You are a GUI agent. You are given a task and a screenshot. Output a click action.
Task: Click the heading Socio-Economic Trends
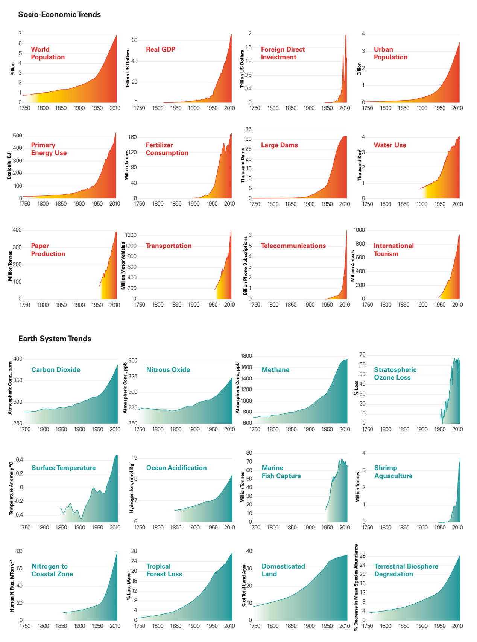[59, 15]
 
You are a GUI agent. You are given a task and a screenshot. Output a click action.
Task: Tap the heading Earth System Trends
[55, 339]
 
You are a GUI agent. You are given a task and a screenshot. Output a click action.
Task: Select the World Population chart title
[48, 53]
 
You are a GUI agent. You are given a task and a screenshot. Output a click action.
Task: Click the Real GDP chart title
[161, 49]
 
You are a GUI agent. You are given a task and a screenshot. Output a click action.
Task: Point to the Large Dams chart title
[280, 145]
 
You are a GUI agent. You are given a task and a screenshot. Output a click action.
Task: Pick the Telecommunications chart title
[293, 246]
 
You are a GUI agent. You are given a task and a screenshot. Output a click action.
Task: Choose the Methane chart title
[275, 369]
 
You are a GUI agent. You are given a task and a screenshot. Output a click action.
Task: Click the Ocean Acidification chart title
[176, 468]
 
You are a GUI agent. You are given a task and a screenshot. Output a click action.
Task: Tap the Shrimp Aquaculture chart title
[393, 472]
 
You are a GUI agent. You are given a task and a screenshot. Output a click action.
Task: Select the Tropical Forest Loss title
[164, 570]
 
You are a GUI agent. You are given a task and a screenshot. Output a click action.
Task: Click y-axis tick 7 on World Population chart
[20, 34]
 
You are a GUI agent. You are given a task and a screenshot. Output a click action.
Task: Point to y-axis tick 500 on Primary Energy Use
[18, 136]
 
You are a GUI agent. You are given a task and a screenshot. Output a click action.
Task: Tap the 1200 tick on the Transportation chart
[131, 235]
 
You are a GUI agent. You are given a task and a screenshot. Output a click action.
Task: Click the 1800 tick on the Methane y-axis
[246, 356]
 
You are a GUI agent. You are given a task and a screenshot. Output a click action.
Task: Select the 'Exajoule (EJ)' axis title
[9, 165]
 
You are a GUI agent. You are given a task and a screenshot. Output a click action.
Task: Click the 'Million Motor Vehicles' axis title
[123, 266]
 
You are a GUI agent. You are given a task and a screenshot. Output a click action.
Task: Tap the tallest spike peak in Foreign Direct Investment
[346, 35]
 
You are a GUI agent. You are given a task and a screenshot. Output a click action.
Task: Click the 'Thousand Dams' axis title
[243, 165]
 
